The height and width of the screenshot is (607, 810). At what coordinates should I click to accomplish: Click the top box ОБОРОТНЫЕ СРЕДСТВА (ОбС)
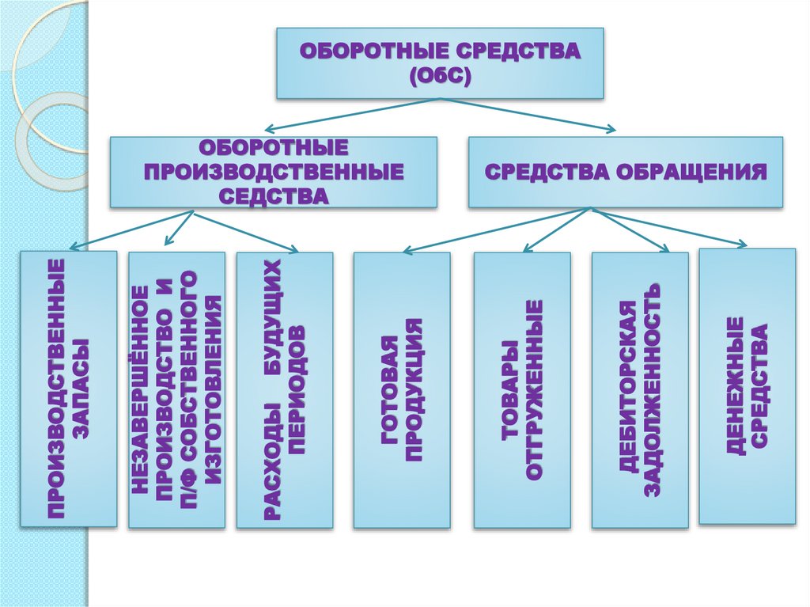coord(440,63)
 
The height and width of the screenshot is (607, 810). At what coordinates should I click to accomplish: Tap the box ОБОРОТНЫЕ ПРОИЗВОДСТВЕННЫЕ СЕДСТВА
coord(273,172)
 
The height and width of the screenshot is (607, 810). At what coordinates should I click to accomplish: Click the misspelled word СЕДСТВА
coord(273,195)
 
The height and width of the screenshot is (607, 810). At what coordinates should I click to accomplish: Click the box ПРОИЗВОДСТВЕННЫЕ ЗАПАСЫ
coord(69,389)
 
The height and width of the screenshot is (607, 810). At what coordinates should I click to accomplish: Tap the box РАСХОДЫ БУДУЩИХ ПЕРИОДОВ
coord(285,389)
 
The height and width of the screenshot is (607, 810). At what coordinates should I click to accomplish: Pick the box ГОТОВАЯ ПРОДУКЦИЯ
coord(402,389)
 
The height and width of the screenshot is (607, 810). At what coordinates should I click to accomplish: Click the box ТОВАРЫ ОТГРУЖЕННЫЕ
coord(522,389)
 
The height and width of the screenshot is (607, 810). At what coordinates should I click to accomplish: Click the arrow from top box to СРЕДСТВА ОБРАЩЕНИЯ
coord(530,116)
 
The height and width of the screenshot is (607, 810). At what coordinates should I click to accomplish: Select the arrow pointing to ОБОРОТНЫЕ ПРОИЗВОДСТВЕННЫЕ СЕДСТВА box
coord(352,116)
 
